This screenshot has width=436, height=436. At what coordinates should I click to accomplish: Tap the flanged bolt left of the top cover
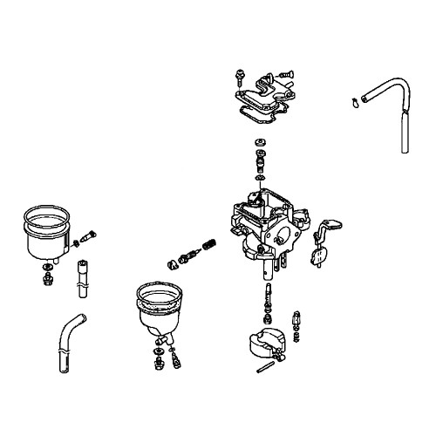(238, 76)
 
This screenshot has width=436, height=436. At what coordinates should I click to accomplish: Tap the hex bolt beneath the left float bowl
(47, 278)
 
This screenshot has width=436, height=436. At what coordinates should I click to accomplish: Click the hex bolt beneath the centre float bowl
(160, 358)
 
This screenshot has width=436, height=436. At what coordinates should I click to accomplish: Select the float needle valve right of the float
(299, 323)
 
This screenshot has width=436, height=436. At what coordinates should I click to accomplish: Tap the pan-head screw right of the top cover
(285, 77)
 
